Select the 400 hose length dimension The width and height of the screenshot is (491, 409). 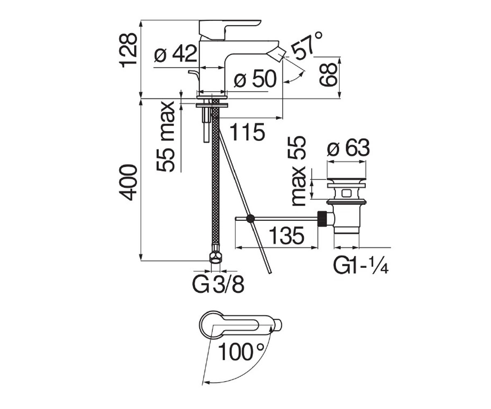point(128,182)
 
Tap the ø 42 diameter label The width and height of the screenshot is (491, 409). point(176,53)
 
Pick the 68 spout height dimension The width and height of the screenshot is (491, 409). point(328,74)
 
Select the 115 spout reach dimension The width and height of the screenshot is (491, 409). point(248,132)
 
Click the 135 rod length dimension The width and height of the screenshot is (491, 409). point(286,235)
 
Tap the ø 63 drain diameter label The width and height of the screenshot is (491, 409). point(348,147)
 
